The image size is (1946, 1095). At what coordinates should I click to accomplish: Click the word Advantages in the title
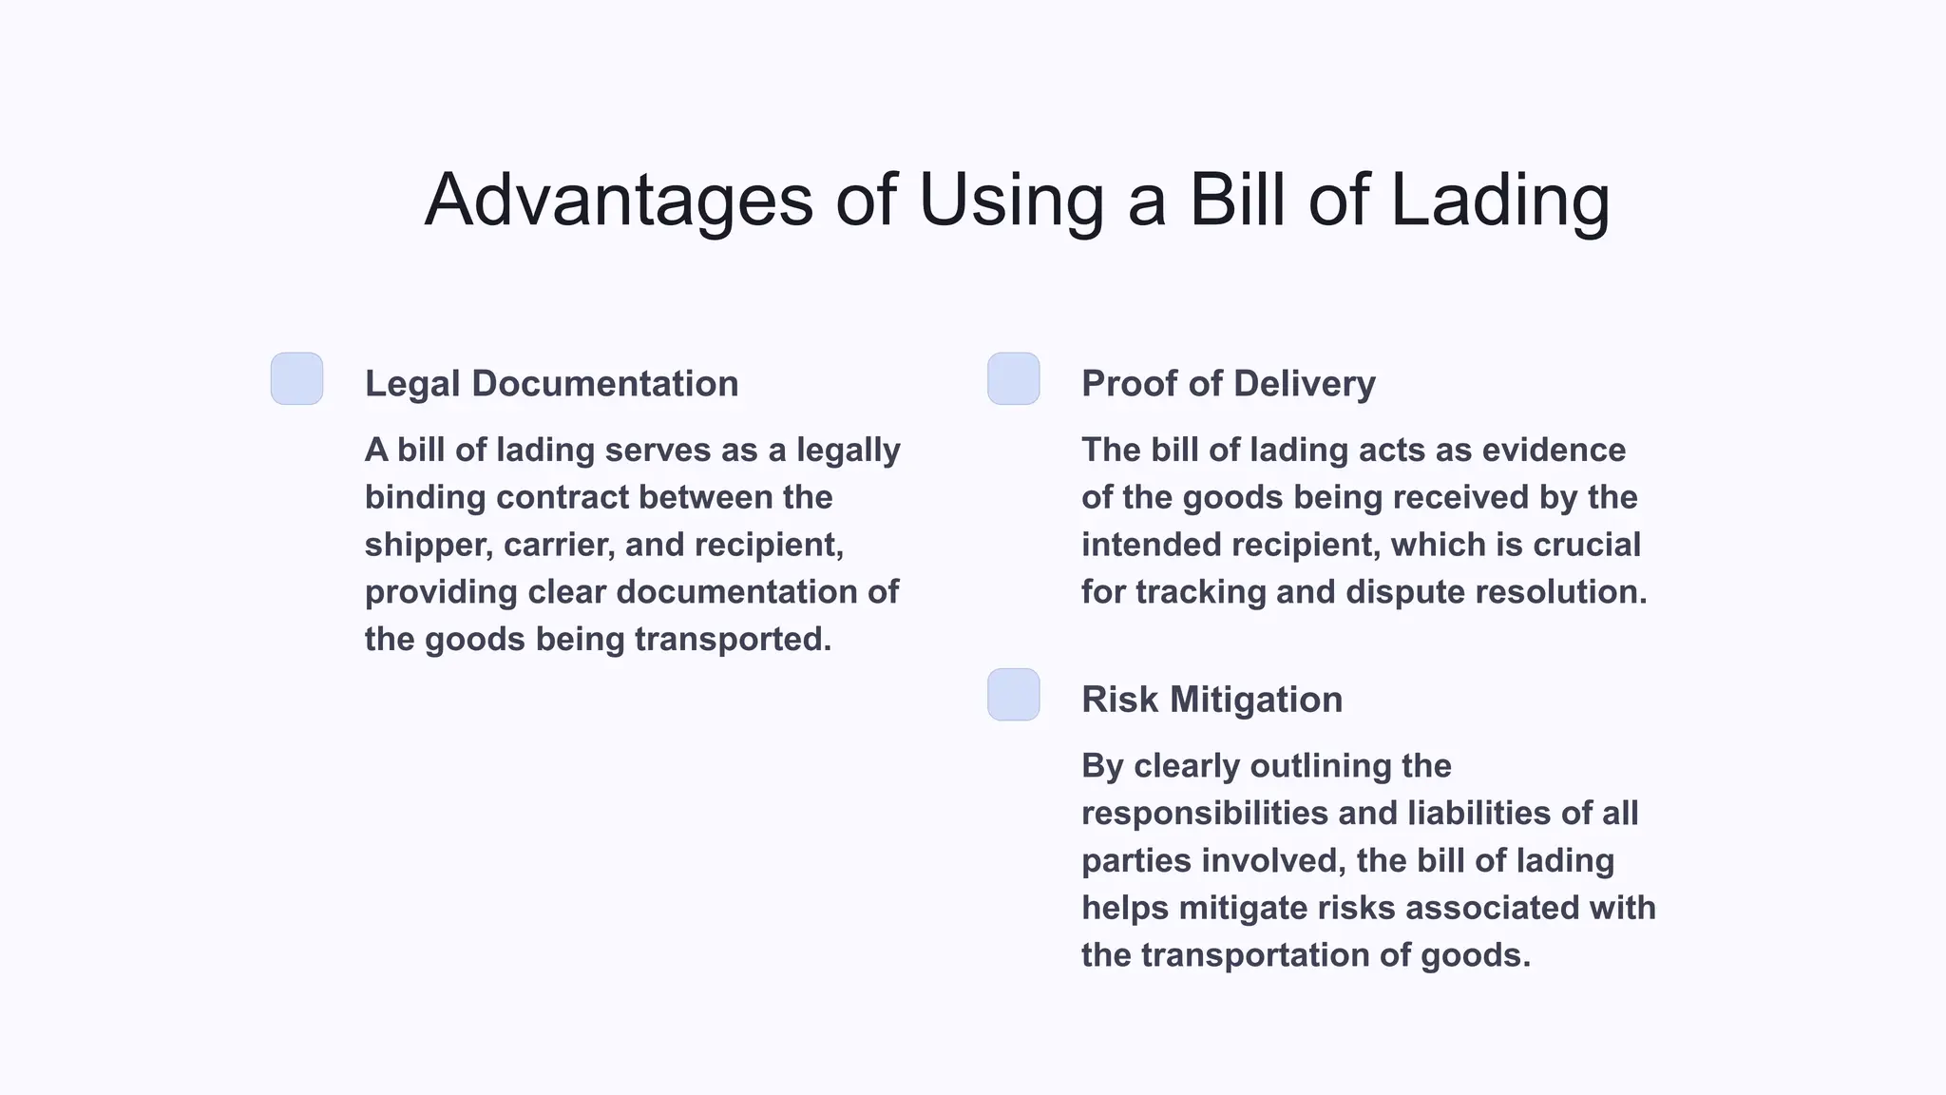(619, 201)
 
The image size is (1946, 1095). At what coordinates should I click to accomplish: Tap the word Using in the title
(1011, 201)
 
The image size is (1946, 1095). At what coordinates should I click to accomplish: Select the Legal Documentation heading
(551, 384)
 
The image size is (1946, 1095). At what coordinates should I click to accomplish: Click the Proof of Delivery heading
(1228, 384)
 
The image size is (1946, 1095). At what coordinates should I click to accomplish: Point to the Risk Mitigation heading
(1211, 700)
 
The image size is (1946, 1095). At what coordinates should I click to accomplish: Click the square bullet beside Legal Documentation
(297, 379)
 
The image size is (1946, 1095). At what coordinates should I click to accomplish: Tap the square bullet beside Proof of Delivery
(1014, 379)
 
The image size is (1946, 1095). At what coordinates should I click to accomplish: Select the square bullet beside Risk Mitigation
(1014, 695)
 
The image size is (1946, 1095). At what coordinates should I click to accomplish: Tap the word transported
(732, 640)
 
